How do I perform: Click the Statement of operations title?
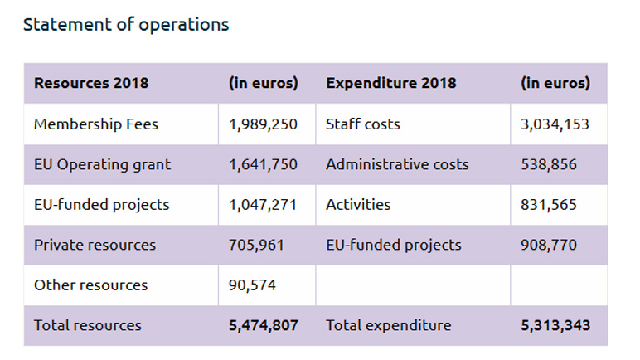126,25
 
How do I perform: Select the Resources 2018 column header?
91,84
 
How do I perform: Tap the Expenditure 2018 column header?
390,84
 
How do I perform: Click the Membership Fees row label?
96,124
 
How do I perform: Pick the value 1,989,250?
263,124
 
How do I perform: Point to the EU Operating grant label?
102,164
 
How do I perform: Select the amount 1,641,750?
263,164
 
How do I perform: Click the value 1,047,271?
263,204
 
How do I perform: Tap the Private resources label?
95,245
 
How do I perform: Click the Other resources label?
90,285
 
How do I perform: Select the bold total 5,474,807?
263,325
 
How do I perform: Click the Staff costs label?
363,124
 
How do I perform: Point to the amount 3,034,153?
555,124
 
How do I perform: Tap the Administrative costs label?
397,164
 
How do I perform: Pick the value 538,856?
549,164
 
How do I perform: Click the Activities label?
358,204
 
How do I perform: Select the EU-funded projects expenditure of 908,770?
549,245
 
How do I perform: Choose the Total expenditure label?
388,325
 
